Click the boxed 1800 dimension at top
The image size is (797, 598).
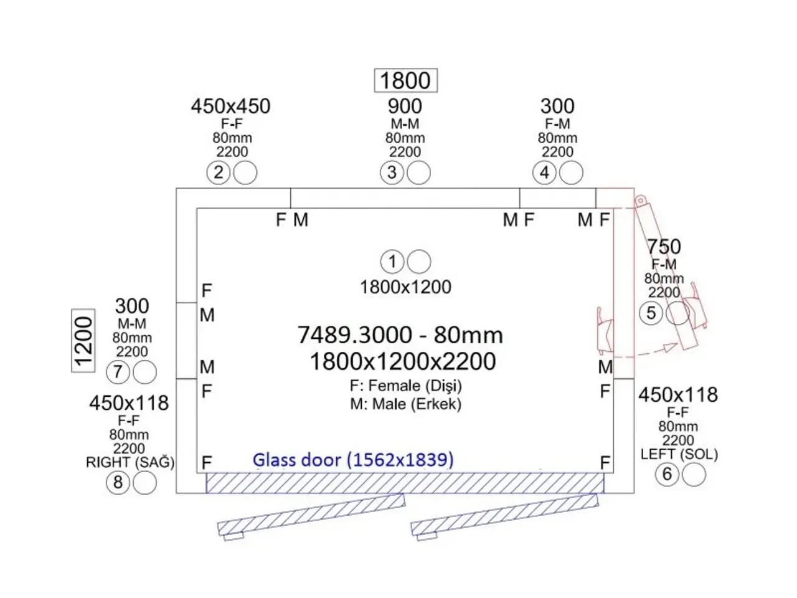coord(405,80)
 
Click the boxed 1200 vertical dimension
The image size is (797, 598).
coord(83,341)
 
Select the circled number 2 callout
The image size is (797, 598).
coord(218,173)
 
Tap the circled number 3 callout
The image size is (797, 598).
coord(392,173)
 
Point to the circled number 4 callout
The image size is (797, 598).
coord(544,173)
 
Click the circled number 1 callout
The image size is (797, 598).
coord(392,262)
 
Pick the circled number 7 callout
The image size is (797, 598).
coord(118,372)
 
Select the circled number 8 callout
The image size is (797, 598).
coord(118,483)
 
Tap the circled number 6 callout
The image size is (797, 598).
coord(667,474)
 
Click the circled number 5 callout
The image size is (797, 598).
coord(651,313)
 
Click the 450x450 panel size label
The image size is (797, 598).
coord(230,107)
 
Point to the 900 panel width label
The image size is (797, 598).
coord(405,107)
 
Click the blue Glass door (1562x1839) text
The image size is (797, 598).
coord(353,460)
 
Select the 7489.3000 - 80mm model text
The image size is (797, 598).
coord(400,335)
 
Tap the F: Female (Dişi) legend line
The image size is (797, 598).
coord(406,386)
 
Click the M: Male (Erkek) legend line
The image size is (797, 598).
coord(406,404)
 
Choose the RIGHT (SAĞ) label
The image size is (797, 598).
coord(130,462)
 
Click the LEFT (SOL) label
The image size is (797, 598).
coord(679,454)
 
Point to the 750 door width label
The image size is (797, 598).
coord(664,247)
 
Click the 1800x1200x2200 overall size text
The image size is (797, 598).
coord(403,361)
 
